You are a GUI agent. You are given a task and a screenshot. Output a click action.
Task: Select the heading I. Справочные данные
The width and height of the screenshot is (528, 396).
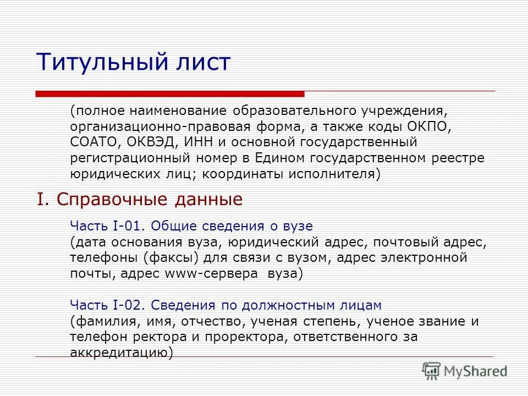[x=140, y=199]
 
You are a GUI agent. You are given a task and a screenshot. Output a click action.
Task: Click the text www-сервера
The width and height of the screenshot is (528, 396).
[x=211, y=273]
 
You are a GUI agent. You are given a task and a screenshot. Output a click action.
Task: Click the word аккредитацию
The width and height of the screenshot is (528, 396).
[x=119, y=353]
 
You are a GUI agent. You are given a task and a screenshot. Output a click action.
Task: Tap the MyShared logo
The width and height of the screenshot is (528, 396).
[x=465, y=370]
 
